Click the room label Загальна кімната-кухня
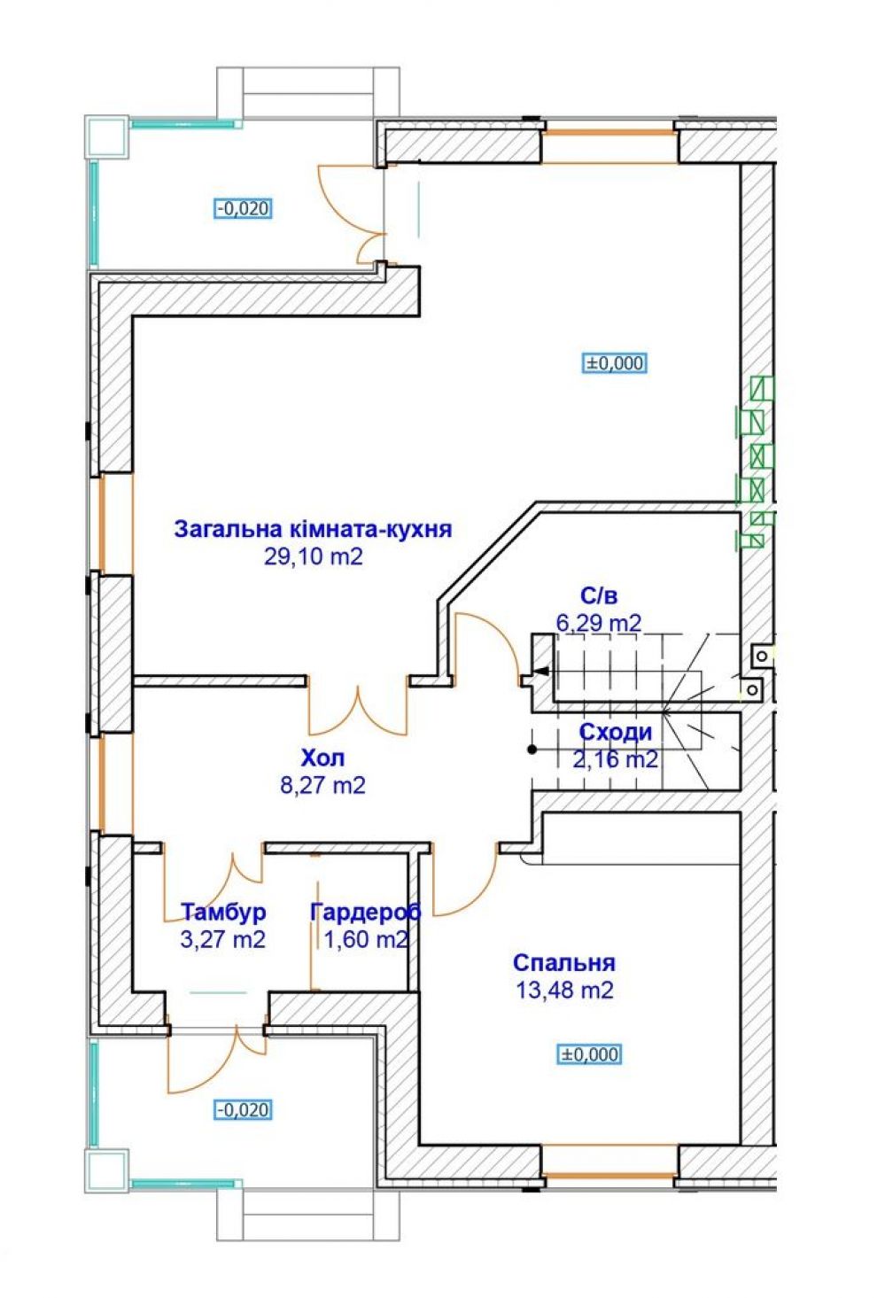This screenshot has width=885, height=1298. click(x=313, y=529)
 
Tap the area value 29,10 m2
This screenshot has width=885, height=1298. click(x=314, y=557)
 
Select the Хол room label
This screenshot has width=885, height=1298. click(x=323, y=758)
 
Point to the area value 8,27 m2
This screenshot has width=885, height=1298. click(x=322, y=785)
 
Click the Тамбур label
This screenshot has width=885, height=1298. click(x=224, y=912)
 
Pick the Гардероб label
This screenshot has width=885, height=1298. click(x=366, y=912)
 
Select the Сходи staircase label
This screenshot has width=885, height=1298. click(x=616, y=733)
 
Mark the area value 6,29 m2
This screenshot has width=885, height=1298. click(x=599, y=623)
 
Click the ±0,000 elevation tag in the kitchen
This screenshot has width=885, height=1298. click(x=614, y=363)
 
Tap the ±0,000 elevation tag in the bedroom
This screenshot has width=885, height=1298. click(x=589, y=1054)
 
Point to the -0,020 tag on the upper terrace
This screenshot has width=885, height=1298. click(x=244, y=208)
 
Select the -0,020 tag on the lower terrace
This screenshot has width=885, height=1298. click(x=244, y=1109)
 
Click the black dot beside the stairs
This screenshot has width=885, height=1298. click(x=532, y=750)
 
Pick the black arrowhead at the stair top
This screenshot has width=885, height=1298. click(x=540, y=671)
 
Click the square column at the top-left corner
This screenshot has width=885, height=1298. click(x=106, y=136)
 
